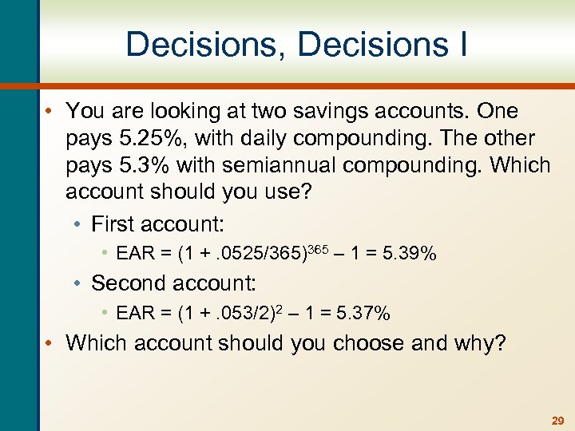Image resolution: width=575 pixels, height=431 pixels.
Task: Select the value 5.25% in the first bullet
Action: pos(139,138)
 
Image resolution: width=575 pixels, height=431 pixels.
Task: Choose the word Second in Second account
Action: pos(129,283)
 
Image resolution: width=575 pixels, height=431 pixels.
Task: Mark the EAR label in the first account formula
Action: pos(133,254)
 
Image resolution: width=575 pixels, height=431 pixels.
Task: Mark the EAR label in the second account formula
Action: pos(133,314)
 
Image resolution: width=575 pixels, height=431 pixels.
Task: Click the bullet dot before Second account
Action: pos(81,283)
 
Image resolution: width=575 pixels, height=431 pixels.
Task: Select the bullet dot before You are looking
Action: pos(50,111)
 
